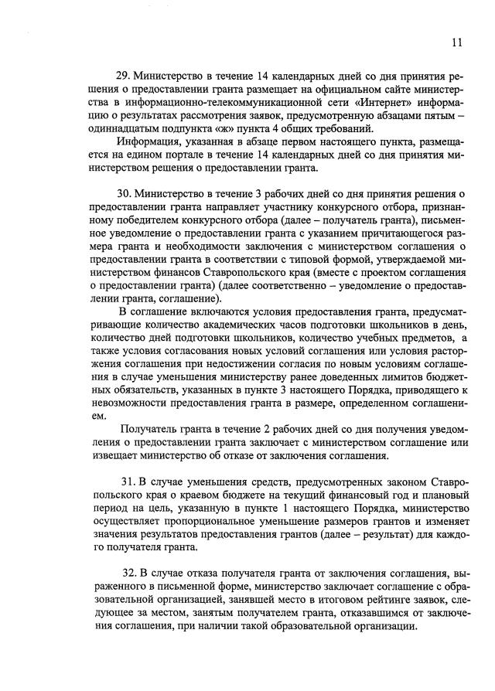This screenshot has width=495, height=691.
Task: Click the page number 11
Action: coord(457,43)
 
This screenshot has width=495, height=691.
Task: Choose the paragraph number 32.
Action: coord(131,573)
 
